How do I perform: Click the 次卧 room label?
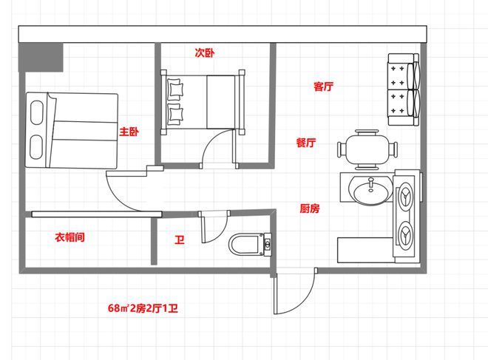click(x=205, y=52)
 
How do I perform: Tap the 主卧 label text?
click(x=129, y=132)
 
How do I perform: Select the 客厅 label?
click(x=323, y=86)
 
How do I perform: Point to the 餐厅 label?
click(x=306, y=143)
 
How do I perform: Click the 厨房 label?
click(x=310, y=208)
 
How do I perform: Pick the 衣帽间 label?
click(x=70, y=237)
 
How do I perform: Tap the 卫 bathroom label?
click(x=180, y=240)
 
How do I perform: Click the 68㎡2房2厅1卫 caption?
click(x=143, y=308)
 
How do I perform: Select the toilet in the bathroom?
click(x=250, y=245)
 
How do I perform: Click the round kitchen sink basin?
click(x=370, y=190)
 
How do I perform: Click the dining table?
click(x=367, y=149)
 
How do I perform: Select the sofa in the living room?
click(x=404, y=89)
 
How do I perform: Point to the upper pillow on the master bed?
click(x=37, y=112)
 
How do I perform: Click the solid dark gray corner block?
click(x=41, y=57)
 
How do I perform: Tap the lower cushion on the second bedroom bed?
click(x=175, y=114)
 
